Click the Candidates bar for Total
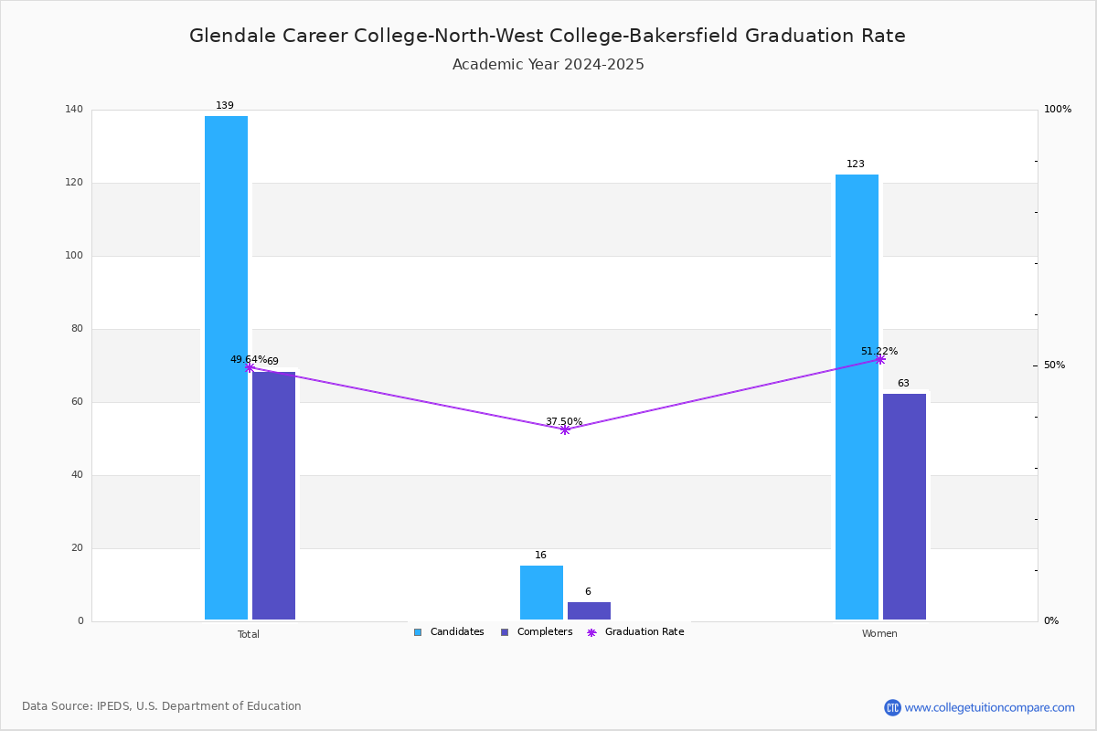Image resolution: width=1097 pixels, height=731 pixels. tap(227, 367)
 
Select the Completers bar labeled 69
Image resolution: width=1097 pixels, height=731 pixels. tap(273, 495)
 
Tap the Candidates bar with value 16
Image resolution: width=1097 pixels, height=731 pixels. tap(541, 592)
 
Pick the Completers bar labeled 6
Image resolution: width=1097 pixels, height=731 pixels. tap(589, 610)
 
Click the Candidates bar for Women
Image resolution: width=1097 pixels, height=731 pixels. tap(857, 397)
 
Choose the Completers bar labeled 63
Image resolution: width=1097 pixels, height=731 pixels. tap(904, 507)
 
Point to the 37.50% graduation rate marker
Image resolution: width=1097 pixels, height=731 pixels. tap(565, 429)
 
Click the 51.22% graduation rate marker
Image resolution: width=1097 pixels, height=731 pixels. tap(880, 360)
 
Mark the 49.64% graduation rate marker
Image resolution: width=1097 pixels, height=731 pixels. tap(250, 367)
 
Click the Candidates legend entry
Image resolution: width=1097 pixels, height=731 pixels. tap(449, 632)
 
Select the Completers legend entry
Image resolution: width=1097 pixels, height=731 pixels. tap(537, 632)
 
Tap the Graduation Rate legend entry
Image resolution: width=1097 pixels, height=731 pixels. tap(635, 632)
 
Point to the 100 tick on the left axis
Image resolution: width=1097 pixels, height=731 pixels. tap(74, 256)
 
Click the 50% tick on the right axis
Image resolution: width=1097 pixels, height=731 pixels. tap(1054, 365)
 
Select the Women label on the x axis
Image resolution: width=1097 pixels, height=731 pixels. tap(879, 633)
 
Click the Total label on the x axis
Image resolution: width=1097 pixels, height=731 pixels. tap(249, 634)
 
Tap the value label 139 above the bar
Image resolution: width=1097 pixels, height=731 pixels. tap(225, 105)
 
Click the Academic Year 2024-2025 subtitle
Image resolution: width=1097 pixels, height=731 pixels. tap(548, 65)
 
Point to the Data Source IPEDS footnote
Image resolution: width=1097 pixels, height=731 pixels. tap(162, 706)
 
